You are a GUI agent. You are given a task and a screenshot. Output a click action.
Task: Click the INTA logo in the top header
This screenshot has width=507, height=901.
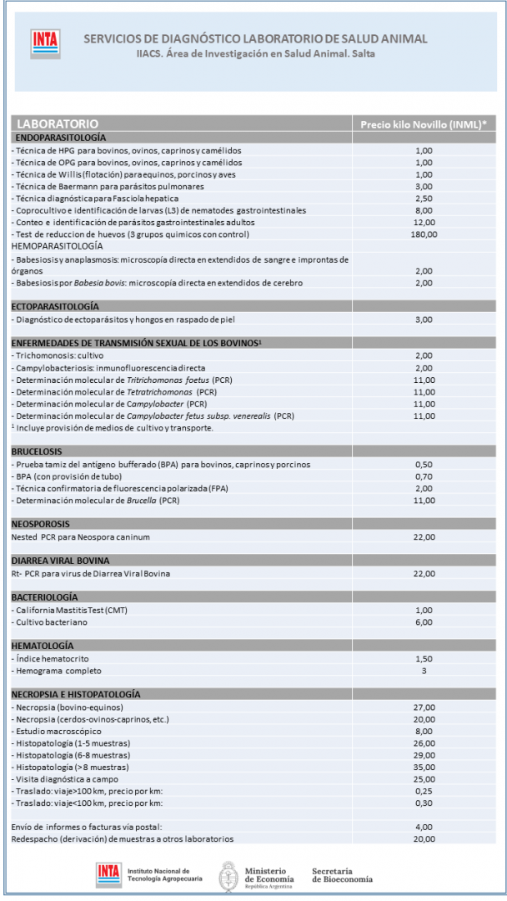(41, 43)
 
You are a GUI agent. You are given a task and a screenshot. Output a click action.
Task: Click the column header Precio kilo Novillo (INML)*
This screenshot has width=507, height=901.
(423, 123)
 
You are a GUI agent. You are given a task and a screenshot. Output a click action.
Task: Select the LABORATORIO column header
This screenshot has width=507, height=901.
(58, 123)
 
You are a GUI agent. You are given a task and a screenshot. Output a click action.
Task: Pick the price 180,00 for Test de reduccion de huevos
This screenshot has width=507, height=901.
(424, 234)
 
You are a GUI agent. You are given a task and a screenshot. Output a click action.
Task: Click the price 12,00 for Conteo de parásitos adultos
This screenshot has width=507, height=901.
(424, 222)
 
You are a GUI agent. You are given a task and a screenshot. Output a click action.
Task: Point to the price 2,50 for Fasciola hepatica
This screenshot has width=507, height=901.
(424, 199)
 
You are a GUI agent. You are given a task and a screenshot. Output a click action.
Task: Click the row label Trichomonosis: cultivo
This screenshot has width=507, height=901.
(60, 355)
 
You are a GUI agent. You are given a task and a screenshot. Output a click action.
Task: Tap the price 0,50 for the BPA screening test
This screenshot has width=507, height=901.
(424, 464)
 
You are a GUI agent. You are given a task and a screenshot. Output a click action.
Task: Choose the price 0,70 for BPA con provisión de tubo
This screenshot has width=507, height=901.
(424, 476)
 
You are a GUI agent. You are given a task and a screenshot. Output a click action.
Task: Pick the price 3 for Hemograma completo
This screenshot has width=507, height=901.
(424, 671)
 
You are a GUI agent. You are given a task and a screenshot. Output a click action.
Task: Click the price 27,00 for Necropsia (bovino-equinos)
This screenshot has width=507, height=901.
(424, 707)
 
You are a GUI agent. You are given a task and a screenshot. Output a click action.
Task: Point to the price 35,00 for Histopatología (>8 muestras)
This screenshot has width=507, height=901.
(424, 767)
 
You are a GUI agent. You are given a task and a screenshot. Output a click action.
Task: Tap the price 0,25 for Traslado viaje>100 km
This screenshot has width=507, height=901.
(424, 791)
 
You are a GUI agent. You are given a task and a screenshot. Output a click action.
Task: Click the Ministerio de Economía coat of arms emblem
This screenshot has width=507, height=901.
(228, 877)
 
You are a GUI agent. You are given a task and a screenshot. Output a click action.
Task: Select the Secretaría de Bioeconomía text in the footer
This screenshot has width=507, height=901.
(342, 875)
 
